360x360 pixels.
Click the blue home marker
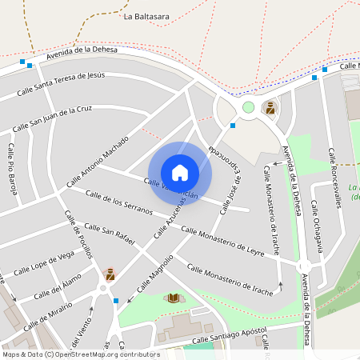[x=179, y=172]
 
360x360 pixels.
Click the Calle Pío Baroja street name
[x=13, y=169]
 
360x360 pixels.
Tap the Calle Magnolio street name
[x=154, y=274]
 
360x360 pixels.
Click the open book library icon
[x=173, y=298]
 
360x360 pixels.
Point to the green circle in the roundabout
[x=248, y=107]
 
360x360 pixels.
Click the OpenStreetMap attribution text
[x=80, y=354]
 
